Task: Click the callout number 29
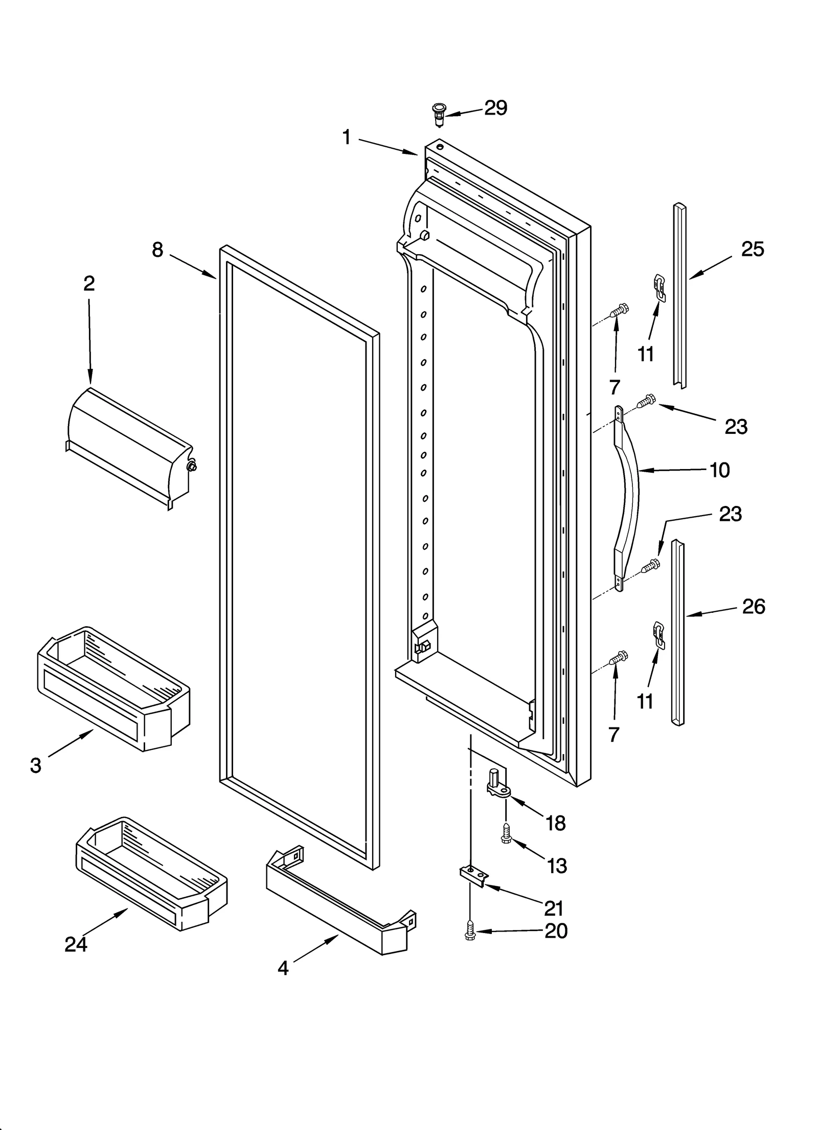tap(495, 108)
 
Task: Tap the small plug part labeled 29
tap(438, 114)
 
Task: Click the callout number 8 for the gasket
tap(157, 250)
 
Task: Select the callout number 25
tap(753, 249)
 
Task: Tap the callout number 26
tap(754, 607)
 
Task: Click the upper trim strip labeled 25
tap(679, 297)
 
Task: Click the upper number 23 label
tap(736, 426)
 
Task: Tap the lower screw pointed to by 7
tap(620, 658)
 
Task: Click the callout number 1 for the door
tap(347, 137)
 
